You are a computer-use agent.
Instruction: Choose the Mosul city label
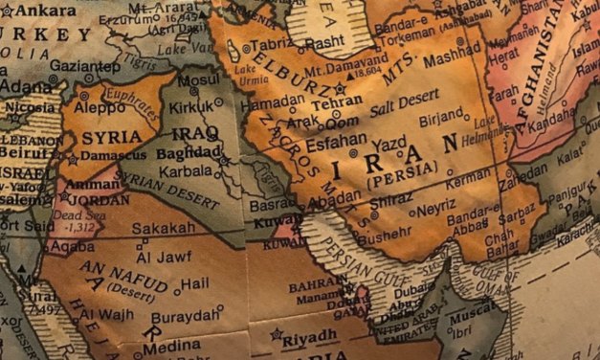[x=198, y=81]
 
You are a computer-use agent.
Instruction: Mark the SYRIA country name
[x=106, y=137]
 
